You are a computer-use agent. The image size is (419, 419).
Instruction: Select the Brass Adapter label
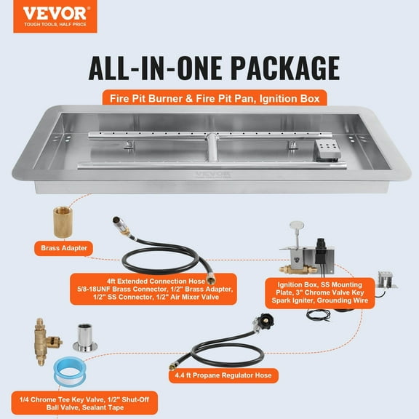point(60,248)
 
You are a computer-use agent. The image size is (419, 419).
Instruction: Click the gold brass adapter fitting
point(61,220)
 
